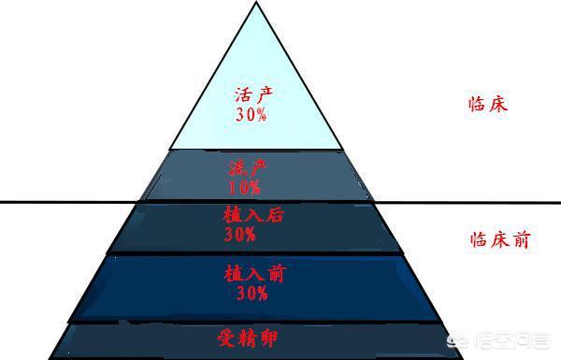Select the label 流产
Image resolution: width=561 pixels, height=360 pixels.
tap(247, 168)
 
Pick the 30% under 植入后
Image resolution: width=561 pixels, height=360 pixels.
tap(240, 234)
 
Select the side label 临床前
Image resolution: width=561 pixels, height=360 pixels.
tap(498, 239)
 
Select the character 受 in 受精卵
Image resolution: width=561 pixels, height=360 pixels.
tap(227, 337)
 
